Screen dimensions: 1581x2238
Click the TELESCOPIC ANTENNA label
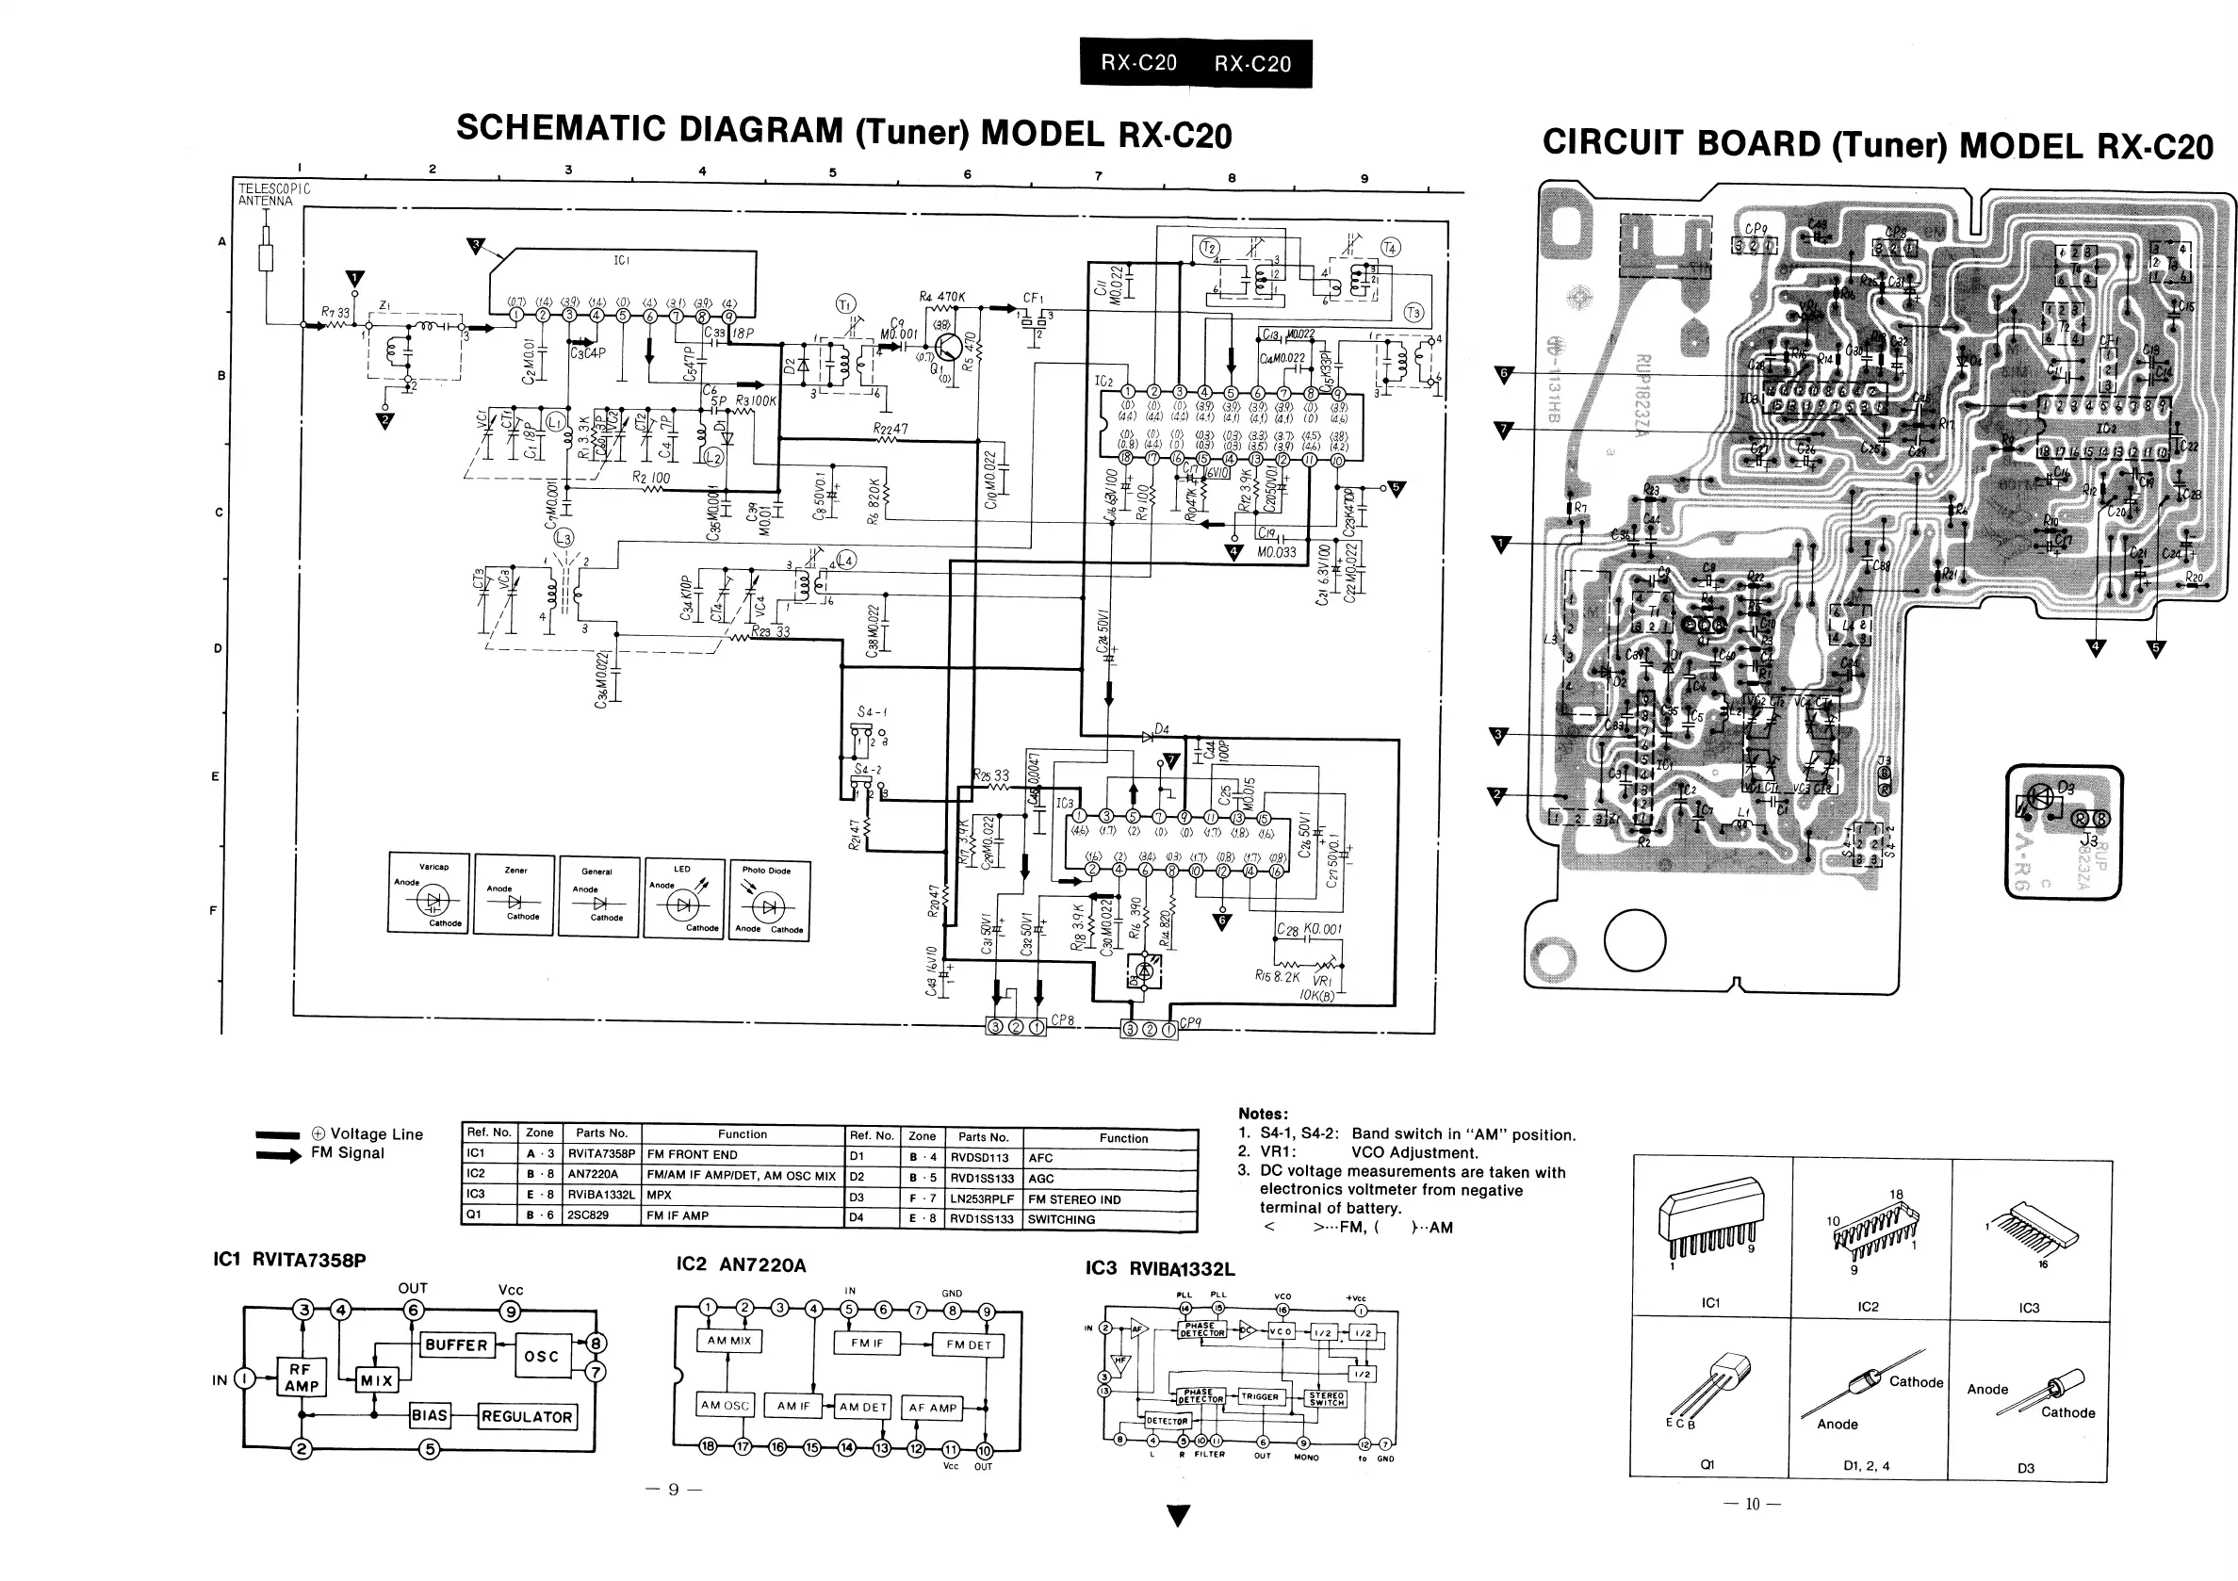[x=274, y=194]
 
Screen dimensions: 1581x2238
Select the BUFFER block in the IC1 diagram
[x=455, y=1345]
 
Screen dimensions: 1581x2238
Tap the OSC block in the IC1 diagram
[x=541, y=1356]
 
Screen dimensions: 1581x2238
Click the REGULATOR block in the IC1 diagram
[x=527, y=1416]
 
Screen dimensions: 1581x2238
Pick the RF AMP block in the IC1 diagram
[x=302, y=1377]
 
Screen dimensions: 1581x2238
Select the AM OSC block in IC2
[x=725, y=1406]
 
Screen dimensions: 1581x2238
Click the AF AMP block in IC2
[x=933, y=1408]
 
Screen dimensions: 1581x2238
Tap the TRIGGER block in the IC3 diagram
[x=1259, y=1396]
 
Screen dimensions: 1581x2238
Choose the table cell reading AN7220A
[x=593, y=1175]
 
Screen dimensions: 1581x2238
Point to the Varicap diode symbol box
[x=429, y=894]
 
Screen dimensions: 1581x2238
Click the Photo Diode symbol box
[x=769, y=901]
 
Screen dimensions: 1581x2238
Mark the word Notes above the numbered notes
[x=1263, y=1113]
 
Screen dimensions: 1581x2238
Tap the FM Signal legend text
[x=347, y=1153]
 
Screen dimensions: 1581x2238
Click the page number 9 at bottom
[x=673, y=1489]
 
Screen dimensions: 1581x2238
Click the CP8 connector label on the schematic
[x=1063, y=1020]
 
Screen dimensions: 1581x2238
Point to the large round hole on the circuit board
[x=1635, y=939]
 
